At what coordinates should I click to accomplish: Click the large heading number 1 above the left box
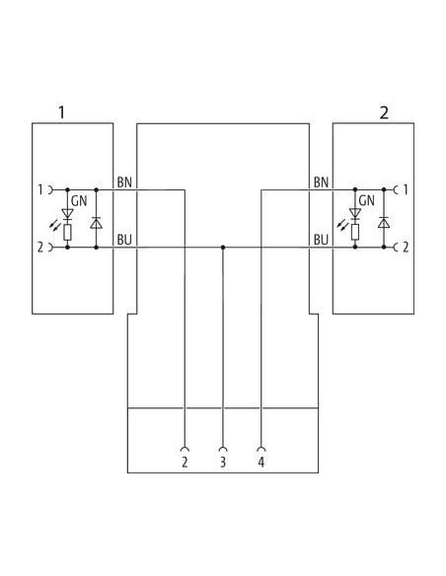click(62, 112)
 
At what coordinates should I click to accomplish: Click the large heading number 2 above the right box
click(384, 112)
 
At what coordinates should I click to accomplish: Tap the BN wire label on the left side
click(124, 182)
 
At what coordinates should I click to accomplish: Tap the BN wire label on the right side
click(321, 182)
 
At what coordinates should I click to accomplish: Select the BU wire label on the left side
click(124, 240)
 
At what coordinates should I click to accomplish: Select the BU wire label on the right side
click(321, 240)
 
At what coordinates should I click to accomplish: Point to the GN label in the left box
click(79, 201)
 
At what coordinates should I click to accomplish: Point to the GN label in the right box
click(367, 201)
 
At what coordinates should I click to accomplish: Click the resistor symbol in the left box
click(67, 232)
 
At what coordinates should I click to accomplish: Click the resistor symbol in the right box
click(355, 232)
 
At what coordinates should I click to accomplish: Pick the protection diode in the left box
click(97, 223)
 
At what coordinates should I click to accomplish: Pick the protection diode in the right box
click(384, 222)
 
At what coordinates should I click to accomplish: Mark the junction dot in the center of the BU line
click(223, 248)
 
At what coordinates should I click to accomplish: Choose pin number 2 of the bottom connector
click(185, 462)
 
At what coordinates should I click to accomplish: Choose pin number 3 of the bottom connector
click(223, 462)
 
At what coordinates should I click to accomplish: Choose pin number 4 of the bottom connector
click(260, 462)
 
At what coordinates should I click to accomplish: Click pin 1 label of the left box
click(40, 190)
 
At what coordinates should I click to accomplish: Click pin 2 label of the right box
click(406, 247)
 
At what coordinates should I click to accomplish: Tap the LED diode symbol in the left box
click(67, 215)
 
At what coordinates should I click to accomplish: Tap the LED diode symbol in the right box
click(355, 214)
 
